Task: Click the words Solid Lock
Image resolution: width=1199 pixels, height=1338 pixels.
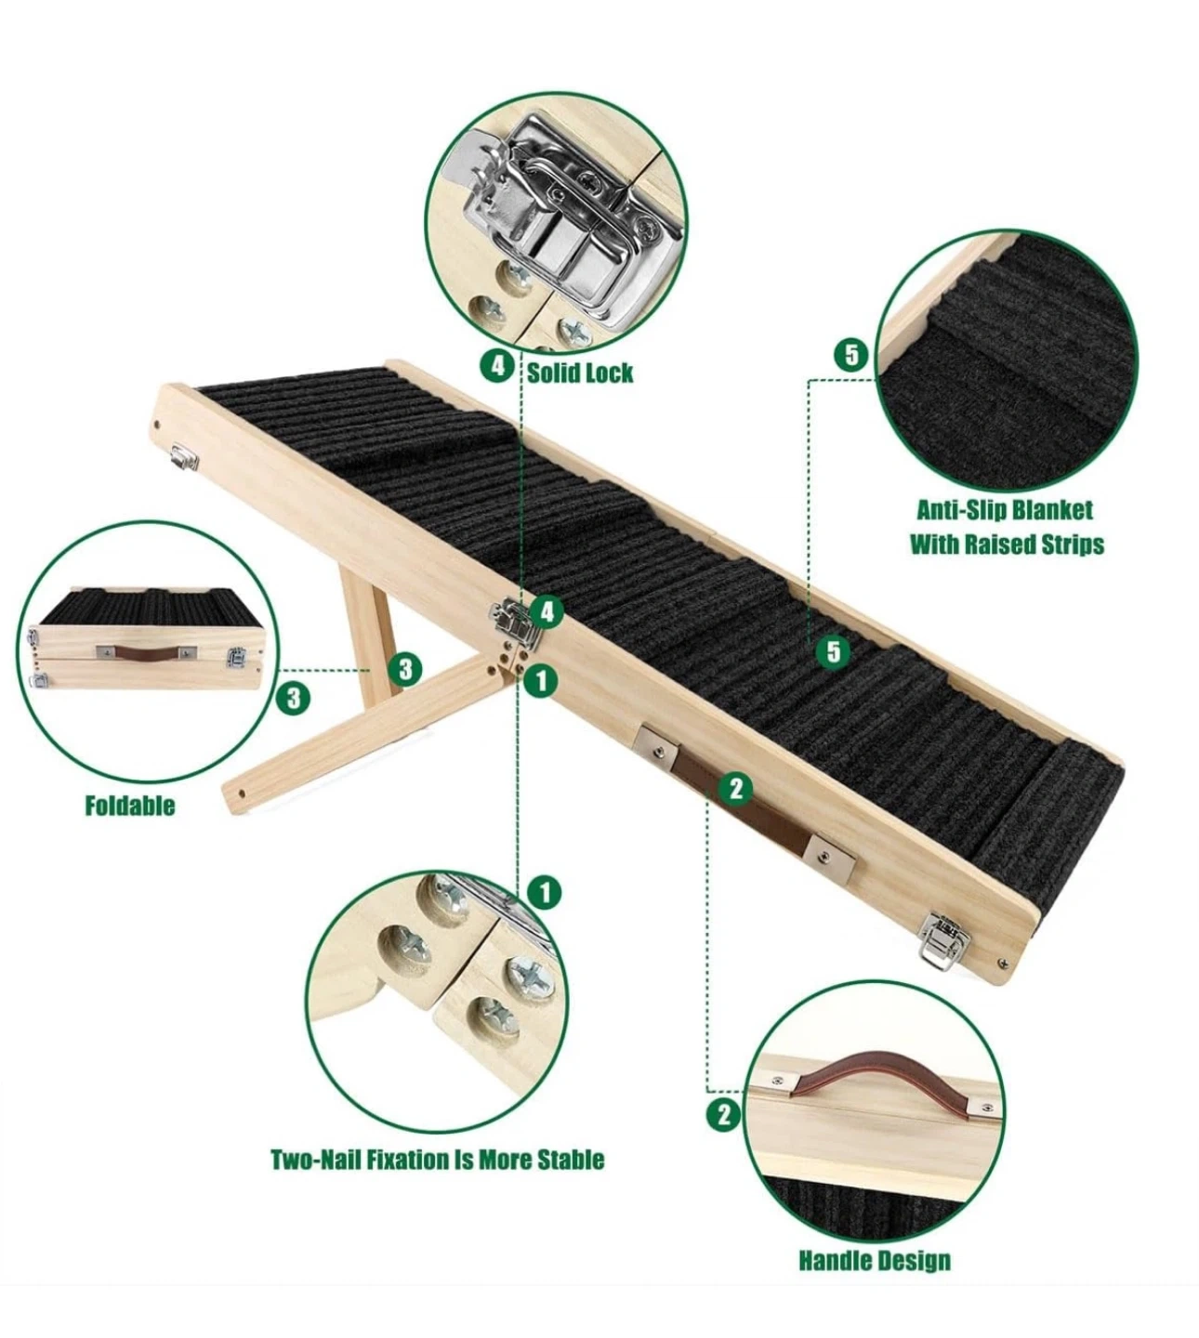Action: coord(579,373)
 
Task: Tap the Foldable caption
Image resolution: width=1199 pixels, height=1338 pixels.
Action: coord(130,806)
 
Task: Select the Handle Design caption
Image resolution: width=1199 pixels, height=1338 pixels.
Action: coord(876,1261)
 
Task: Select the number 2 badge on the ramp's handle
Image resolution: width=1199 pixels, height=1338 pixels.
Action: coord(735,788)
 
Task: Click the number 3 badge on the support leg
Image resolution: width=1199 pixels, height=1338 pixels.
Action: coord(404,670)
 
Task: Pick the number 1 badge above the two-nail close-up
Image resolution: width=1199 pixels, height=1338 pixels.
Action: coord(545,894)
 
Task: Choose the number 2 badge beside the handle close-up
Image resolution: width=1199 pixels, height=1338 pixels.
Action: coord(723,1115)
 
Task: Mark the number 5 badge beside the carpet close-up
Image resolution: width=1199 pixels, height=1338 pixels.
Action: coord(851,355)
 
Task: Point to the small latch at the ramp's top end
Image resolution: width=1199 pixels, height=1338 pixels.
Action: coord(185,456)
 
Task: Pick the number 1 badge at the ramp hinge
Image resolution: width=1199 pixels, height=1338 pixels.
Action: coord(540,679)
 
